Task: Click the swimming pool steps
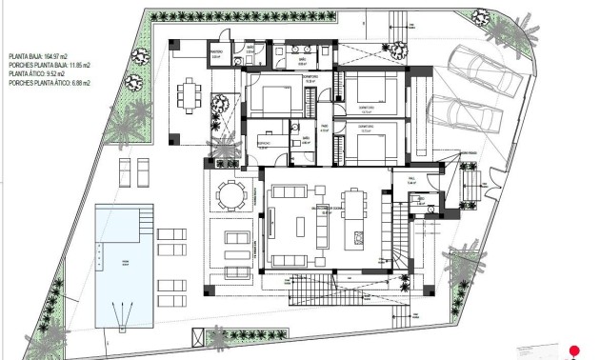(143, 217)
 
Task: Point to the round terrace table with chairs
(230, 194)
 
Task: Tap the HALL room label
(412, 177)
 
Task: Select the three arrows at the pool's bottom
(122, 310)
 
